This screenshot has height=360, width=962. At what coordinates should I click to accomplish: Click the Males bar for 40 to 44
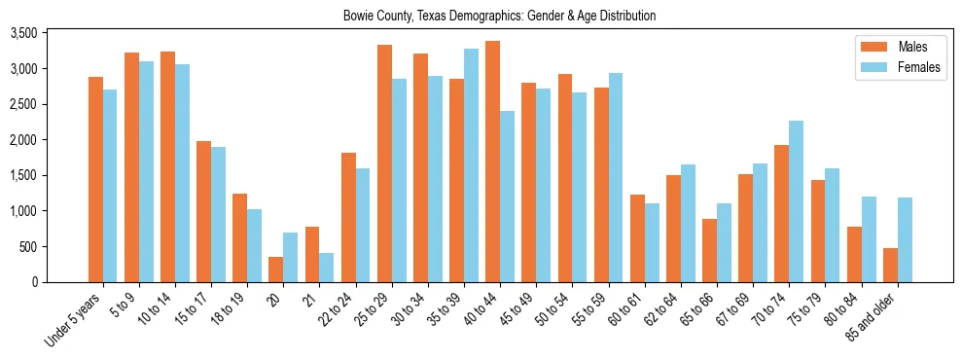tap(493, 162)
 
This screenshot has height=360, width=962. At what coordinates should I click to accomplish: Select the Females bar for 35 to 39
tap(471, 165)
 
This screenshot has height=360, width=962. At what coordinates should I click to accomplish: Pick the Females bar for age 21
tap(327, 268)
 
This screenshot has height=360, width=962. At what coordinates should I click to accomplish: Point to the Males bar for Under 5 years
tap(95, 179)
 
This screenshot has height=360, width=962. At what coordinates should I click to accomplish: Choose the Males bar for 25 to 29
tap(384, 163)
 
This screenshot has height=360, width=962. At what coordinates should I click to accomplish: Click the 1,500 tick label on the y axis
tap(51, 175)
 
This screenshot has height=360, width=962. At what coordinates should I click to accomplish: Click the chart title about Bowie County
tap(499, 16)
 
